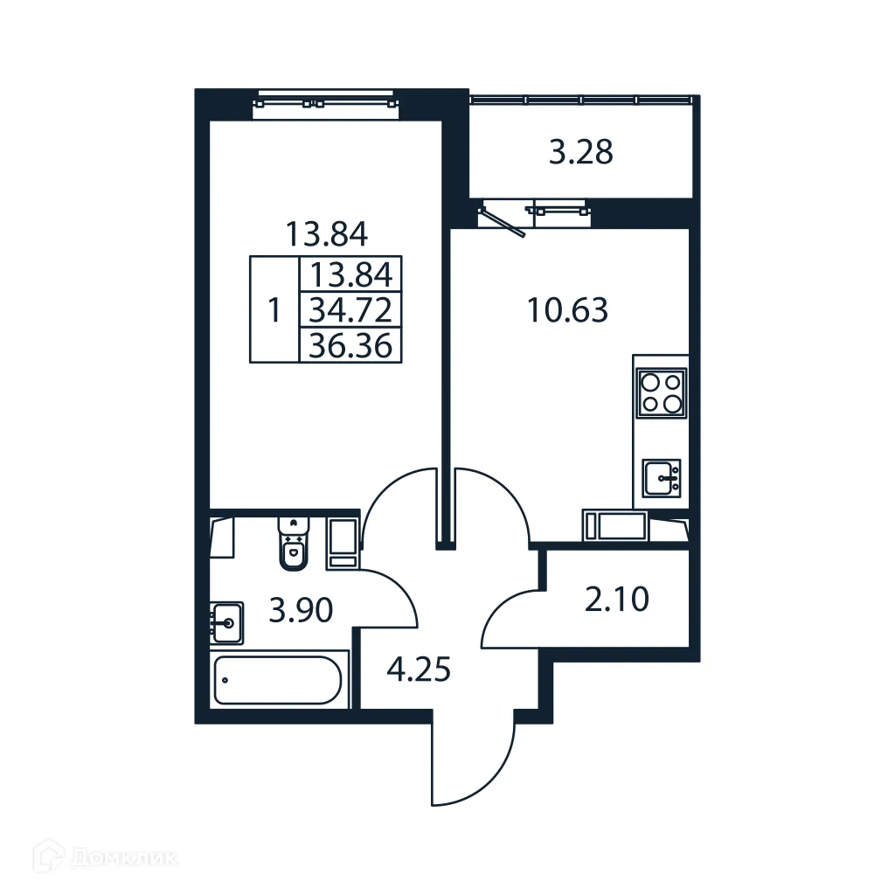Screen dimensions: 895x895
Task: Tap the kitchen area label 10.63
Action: tap(567, 309)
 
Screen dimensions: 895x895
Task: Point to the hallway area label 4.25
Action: tap(419, 671)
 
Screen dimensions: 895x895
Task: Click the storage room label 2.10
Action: tap(617, 600)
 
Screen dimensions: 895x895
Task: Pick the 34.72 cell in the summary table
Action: tap(350, 309)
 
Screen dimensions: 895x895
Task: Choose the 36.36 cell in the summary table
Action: tap(350, 345)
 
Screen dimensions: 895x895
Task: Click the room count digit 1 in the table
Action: tap(274, 310)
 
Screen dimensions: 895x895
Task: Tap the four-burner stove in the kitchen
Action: tap(662, 392)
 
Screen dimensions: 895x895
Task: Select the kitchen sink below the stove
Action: tap(662, 478)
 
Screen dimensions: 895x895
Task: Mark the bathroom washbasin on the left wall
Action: tap(226, 622)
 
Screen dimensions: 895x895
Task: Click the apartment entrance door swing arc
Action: tap(472, 760)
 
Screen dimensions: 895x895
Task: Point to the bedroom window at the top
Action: tap(325, 101)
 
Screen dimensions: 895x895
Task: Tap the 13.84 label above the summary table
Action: tap(326, 233)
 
